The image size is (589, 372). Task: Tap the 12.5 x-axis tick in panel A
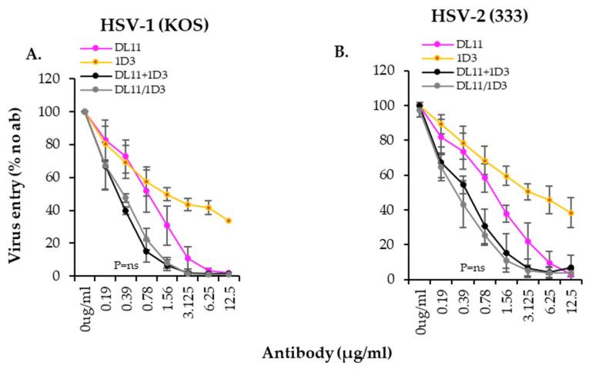click(x=228, y=296)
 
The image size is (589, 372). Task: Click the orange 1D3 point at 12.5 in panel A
click(x=228, y=221)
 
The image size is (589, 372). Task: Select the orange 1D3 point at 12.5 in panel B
click(x=571, y=213)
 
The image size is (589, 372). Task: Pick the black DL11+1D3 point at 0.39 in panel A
click(x=125, y=211)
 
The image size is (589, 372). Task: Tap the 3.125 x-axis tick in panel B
click(x=528, y=301)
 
